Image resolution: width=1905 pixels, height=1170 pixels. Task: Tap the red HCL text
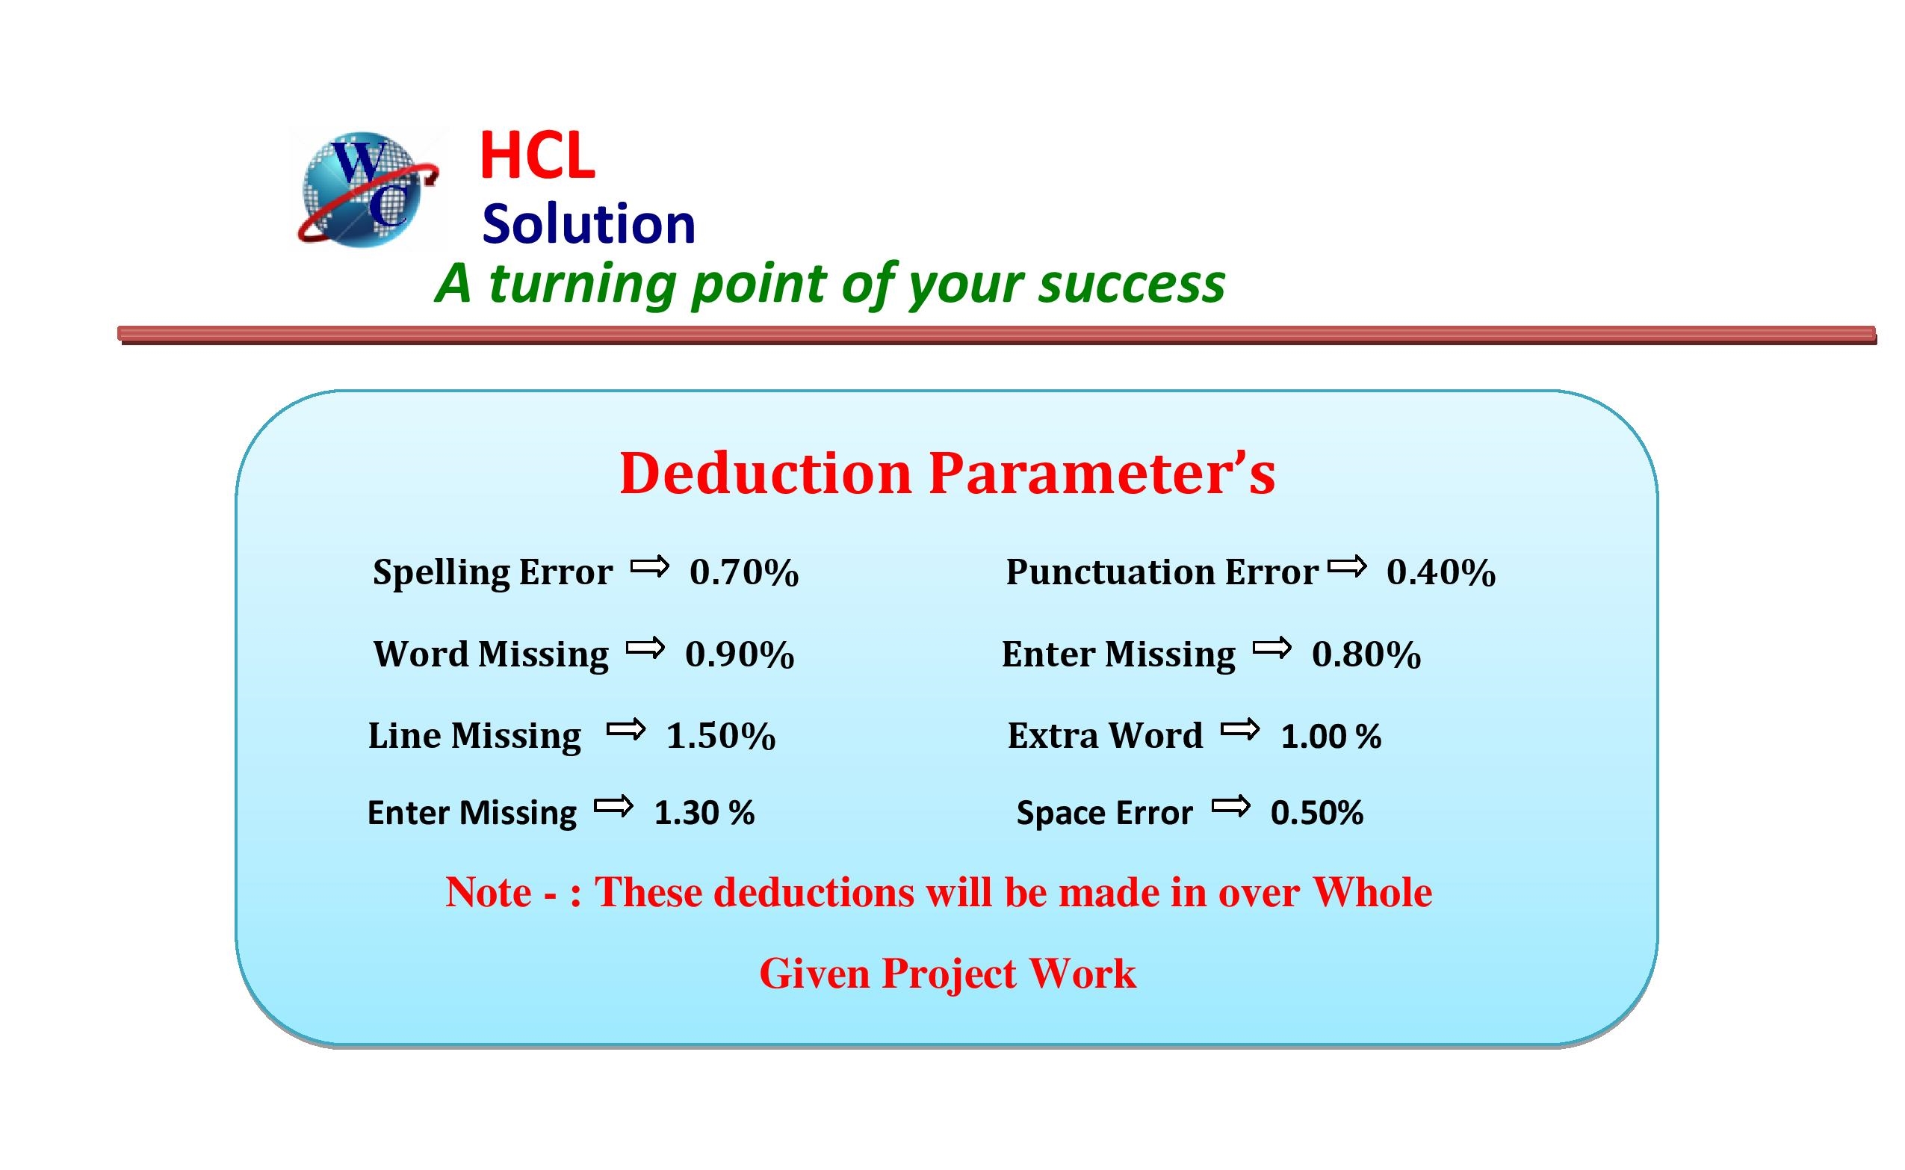[538, 156]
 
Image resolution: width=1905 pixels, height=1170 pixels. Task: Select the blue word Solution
[588, 224]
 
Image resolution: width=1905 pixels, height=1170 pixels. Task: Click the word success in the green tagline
[1131, 285]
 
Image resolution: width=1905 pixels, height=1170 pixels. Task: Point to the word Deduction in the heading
[766, 473]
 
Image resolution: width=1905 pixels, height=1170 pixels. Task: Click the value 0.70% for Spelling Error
[743, 572]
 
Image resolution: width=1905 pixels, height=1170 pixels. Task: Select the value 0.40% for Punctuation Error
[1441, 572]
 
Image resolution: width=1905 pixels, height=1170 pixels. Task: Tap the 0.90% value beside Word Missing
[740, 654]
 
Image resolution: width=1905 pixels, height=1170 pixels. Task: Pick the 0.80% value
[1366, 654]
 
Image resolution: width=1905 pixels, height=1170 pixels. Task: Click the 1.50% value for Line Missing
[720, 736]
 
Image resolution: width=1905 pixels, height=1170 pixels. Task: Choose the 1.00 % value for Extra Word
[1331, 737]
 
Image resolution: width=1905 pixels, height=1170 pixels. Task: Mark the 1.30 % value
[704, 814]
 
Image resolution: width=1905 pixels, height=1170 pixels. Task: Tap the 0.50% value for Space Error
[1317, 814]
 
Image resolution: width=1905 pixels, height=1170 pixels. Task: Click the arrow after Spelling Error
[649, 567]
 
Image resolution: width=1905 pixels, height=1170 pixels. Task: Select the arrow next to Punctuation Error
[1347, 567]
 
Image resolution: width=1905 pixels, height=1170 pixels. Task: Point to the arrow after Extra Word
[1240, 729]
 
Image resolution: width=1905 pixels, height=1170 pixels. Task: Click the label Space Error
[1105, 814]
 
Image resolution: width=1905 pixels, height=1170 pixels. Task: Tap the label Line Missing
[474, 736]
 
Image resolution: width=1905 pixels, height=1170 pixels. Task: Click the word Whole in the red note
[1372, 892]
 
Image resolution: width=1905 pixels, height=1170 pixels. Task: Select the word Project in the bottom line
[949, 974]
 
